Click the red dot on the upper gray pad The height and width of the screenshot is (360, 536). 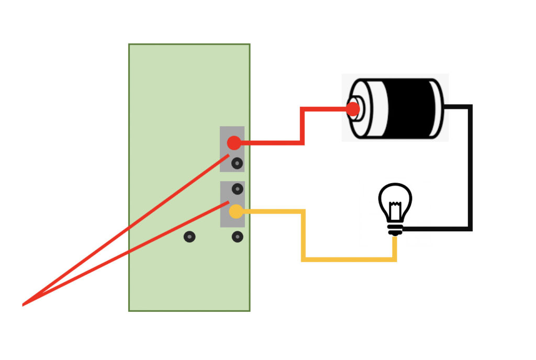233,142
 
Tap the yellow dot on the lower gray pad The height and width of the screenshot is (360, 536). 236,211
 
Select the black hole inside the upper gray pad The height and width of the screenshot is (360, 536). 237,163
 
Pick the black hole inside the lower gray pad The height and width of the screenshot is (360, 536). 237,188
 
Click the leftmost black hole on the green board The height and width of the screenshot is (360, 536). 189,237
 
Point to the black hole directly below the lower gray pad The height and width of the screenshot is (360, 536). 237,237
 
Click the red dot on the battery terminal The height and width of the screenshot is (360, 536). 353,109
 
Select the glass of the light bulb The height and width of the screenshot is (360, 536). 395,199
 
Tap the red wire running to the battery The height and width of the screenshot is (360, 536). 303,126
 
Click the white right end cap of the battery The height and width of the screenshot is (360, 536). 439,108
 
